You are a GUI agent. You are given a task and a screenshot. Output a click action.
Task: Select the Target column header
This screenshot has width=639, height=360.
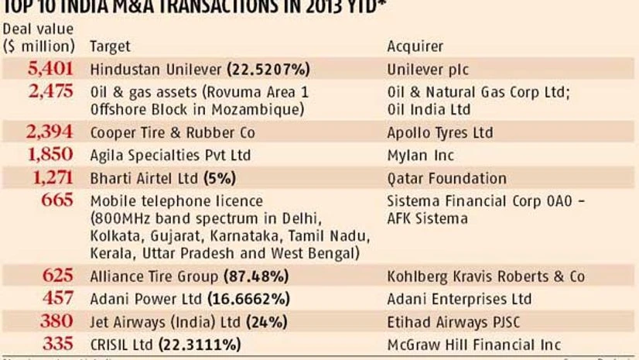tap(110, 46)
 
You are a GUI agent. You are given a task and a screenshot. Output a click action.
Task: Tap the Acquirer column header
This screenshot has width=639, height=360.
tap(415, 46)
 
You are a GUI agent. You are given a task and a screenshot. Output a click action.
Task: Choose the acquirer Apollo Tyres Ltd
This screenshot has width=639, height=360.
tap(439, 133)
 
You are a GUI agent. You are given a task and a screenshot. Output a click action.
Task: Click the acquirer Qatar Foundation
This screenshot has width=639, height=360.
tap(436, 179)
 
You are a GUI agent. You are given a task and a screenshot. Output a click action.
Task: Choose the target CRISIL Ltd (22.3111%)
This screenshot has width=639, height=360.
tap(166, 344)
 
